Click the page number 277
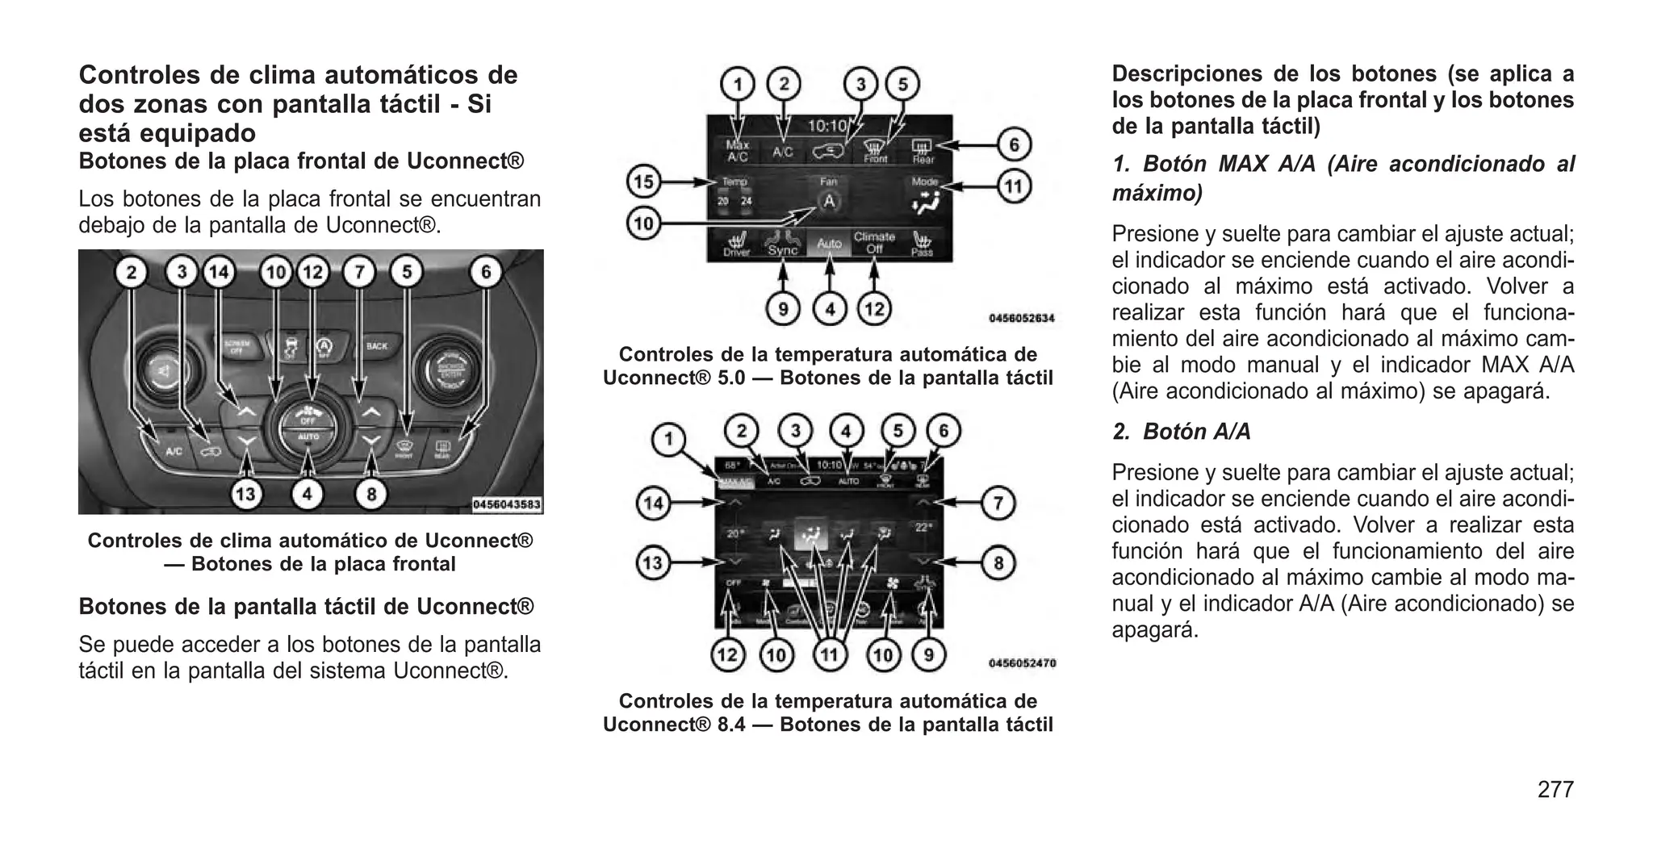pos(1555,789)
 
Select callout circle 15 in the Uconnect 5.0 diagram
pos(643,182)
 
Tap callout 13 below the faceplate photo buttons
pos(246,493)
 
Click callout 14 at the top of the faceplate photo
pos(219,273)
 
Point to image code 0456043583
pos(506,504)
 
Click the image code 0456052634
pos(1021,319)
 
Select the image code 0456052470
pos(1022,663)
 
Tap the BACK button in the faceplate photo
pos(377,346)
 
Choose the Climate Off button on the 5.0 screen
pos(874,242)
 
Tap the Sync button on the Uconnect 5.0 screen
pos(782,244)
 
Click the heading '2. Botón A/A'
pos(1182,432)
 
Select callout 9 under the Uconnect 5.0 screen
pos(782,308)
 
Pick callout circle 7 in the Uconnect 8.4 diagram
pos(998,504)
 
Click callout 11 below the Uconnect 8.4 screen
pos(829,654)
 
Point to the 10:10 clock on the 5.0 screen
pos(827,126)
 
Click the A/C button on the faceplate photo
pos(174,451)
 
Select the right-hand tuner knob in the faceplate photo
pos(441,370)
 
